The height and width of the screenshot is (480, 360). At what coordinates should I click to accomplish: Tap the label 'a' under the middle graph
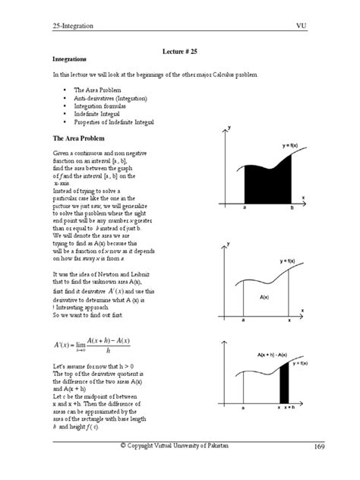click(x=243, y=321)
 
